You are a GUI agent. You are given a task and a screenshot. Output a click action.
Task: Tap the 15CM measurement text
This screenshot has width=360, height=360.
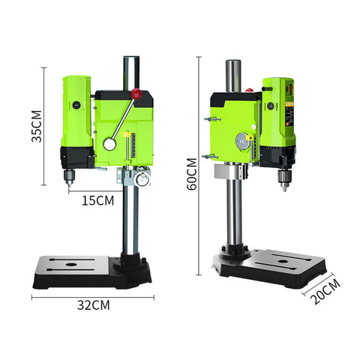point(99,200)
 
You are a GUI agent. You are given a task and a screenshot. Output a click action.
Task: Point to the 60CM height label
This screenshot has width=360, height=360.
point(193,175)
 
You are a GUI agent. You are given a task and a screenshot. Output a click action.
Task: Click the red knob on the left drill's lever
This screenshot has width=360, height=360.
point(136,94)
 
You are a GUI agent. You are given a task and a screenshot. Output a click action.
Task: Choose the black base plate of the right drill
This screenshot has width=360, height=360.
point(270,270)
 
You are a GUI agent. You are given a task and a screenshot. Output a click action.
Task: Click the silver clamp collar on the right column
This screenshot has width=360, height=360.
point(229,173)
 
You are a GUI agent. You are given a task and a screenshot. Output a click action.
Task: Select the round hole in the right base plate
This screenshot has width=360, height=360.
point(286,263)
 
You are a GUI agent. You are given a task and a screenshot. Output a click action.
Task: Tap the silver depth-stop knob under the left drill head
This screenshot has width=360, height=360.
point(140,178)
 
